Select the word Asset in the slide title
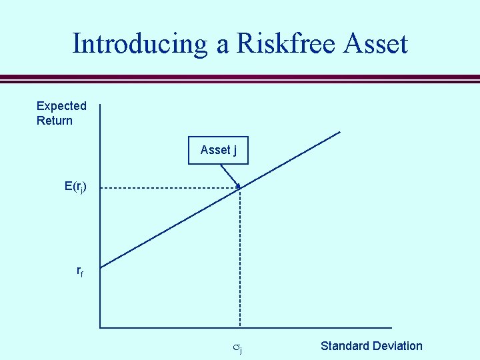(x=375, y=44)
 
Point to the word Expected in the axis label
(x=61, y=106)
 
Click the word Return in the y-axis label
(x=55, y=121)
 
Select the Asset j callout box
(x=218, y=150)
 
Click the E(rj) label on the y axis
(x=75, y=187)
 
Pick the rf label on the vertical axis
(x=80, y=271)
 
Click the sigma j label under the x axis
(x=237, y=347)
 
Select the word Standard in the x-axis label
(x=345, y=346)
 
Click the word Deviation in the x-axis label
(x=397, y=346)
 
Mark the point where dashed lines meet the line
(x=240, y=189)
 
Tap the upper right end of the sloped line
(x=339, y=132)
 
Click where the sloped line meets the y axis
(x=100, y=267)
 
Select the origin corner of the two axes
(x=100, y=327)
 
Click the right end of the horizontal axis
(x=391, y=327)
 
